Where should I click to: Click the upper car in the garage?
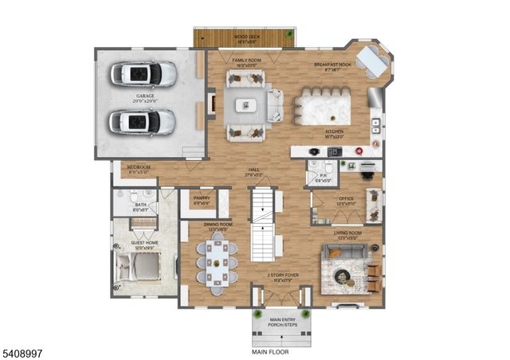click(x=144, y=74)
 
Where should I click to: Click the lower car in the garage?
click(x=143, y=122)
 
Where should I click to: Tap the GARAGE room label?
click(x=144, y=98)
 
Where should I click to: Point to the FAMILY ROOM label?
click(x=246, y=61)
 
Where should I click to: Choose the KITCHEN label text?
click(x=334, y=132)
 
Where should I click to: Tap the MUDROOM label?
click(x=139, y=168)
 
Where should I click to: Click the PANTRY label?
click(x=201, y=198)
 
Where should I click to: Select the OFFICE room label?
click(x=345, y=200)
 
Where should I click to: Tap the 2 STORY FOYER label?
click(x=278, y=277)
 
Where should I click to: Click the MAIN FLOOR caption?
click(x=270, y=351)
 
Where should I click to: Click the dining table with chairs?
click(x=217, y=261)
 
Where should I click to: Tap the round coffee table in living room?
click(x=343, y=276)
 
